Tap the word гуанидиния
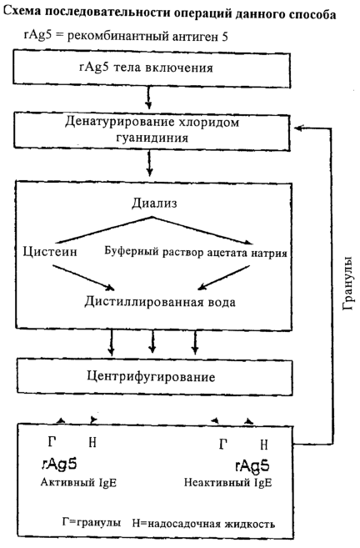[152, 138]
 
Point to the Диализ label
[154, 203]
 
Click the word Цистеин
[50, 251]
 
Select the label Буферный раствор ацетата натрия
[196, 252]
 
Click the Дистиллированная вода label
[160, 302]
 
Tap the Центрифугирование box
[155, 377]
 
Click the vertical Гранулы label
[348, 284]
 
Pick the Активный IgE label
[78, 483]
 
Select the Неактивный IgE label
[227, 483]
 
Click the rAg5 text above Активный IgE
[59, 464]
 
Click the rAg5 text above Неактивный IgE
[252, 465]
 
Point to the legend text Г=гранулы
[92, 522]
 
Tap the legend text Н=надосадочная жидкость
[203, 524]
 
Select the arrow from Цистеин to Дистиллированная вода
[83, 278]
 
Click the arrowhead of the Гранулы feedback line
[299, 128]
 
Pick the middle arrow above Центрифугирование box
[152, 341]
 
